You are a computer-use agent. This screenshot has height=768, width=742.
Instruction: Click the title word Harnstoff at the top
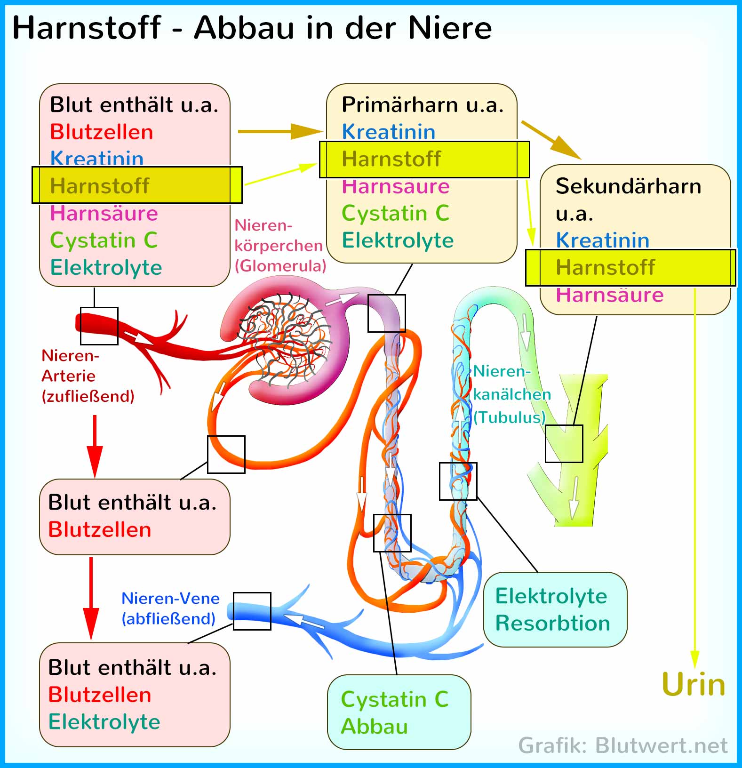tap(87, 27)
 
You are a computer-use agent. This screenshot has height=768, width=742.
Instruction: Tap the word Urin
tap(694, 684)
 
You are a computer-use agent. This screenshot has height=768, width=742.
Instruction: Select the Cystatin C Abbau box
tap(399, 712)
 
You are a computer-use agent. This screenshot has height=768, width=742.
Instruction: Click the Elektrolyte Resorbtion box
tap(555, 609)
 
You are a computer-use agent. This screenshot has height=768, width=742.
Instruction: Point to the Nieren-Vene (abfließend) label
tap(170, 608)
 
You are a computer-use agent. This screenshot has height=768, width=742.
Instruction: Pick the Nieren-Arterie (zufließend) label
tap(88, 376)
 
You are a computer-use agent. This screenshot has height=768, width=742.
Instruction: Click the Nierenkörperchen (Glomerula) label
tap(280, 245)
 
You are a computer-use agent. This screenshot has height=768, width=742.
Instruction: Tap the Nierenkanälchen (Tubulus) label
tap(512, 394)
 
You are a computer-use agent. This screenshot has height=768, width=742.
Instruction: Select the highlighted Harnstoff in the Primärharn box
tap(424, 159)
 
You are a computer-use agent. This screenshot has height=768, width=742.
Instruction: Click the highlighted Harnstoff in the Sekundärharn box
tap(630, 267)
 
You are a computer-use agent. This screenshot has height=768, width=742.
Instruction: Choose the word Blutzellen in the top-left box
tap(102, 132)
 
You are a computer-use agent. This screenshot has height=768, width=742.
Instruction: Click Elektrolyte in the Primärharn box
tap(398, 240)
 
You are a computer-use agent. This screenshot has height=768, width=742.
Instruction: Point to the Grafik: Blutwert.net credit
tap(623, 745)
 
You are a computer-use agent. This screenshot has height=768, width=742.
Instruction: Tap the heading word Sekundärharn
tap(629, 186)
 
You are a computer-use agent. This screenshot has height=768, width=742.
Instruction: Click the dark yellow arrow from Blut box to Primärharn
tap(281, 131)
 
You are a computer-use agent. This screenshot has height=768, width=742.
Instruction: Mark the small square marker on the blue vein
tap(252, 611)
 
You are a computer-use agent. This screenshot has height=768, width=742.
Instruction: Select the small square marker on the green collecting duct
tap(564, 444)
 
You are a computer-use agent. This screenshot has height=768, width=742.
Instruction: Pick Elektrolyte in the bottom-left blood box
tap(104, 722)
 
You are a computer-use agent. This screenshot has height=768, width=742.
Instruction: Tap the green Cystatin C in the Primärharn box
tap(396, 213)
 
